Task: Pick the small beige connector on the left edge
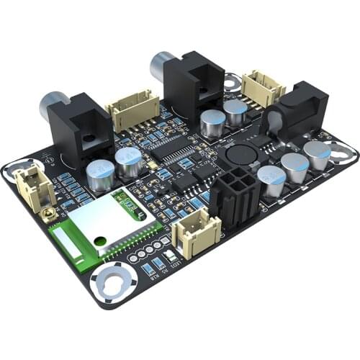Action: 33,185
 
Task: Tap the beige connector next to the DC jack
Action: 263,87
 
